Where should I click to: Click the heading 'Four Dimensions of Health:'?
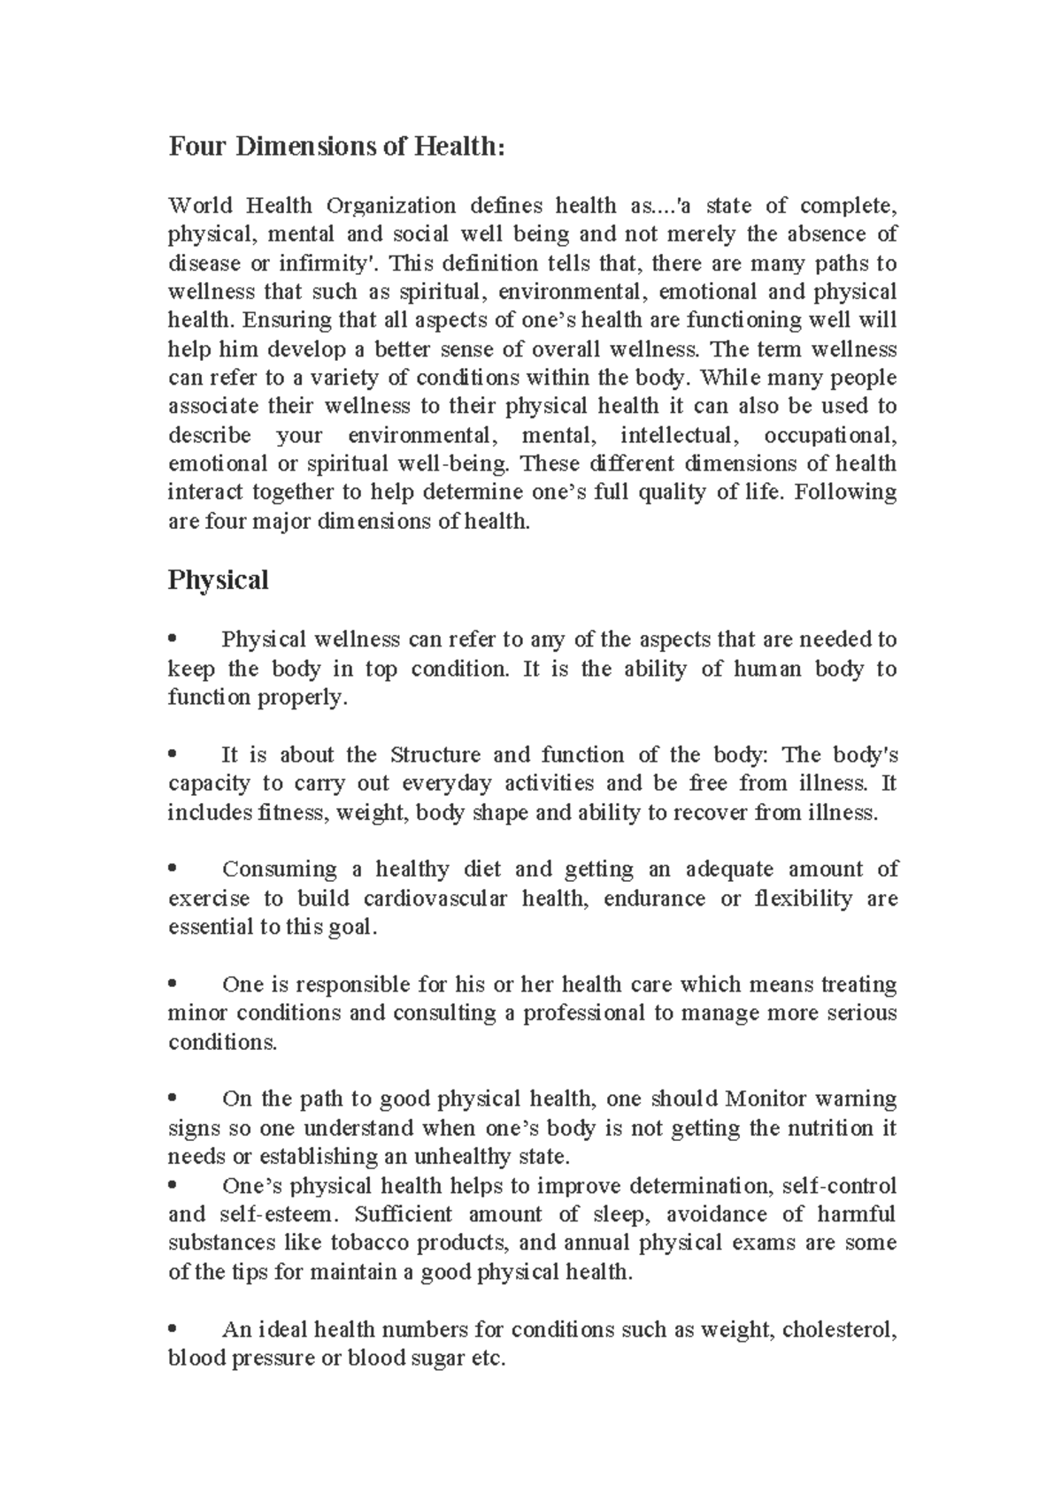coord(336,146)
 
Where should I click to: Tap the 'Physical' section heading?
coord(218,580)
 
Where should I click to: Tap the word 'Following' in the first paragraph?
coord(845,493)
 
